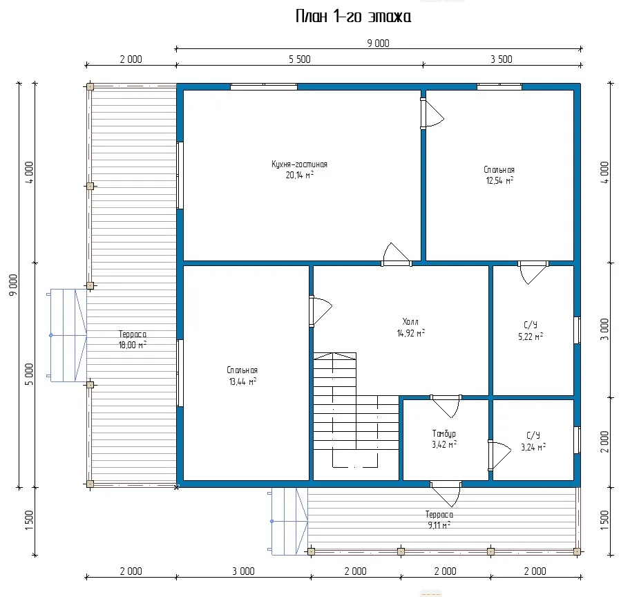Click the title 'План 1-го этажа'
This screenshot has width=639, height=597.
(353, 17)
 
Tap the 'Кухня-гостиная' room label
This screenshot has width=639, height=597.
(300, 164)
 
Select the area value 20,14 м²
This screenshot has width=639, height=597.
(300, 175)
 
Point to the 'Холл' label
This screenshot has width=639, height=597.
(410, 321)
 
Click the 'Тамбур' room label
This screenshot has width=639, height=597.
(444, 434)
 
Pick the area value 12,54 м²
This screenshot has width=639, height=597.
(499, 180)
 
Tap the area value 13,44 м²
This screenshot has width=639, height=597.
(242, 381)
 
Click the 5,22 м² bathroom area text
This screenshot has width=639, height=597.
(531, 337)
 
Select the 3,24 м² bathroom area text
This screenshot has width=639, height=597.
(533, 447)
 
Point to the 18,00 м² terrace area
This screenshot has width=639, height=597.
(133, 345)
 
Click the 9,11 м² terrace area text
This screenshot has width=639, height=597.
(439, 525)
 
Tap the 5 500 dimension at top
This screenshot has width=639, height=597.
(300, 59)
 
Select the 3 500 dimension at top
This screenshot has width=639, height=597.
(502, 59)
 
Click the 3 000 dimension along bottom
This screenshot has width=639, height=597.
(243, 571)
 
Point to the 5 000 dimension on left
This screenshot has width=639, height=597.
(29, 374)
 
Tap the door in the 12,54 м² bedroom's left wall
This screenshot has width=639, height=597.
(432, 114)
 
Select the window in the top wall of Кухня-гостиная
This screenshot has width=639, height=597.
(264, 86)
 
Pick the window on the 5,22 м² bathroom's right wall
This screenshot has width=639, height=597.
(577, 330)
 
